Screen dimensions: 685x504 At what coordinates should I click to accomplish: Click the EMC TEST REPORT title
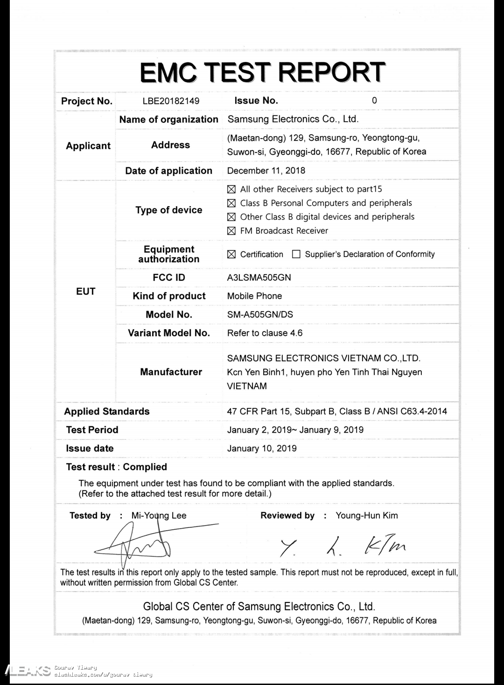coord(263,72)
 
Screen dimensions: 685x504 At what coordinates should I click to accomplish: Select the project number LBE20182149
coord(171,101)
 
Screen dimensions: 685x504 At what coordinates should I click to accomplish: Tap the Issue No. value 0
coord(374,101)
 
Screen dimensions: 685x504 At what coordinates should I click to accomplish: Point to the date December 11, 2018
coord(266,171)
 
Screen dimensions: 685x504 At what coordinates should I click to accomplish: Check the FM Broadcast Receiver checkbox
coord(231,231)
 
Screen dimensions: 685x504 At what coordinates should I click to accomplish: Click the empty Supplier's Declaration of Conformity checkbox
coord(296,254)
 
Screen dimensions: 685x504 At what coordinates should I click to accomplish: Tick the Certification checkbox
coord(231,254)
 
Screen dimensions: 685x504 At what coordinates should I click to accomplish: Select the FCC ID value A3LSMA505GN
coord(259,277)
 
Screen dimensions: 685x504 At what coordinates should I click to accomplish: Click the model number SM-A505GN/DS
coord(260,314)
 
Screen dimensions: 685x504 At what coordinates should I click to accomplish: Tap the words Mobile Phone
coord(254,296)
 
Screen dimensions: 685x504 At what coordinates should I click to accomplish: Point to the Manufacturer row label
coord(171,372)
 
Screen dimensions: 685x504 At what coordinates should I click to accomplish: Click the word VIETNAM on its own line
coord(247,386)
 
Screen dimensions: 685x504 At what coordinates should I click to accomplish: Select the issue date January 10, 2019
coord(262,449)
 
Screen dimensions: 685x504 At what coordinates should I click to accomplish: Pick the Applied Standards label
coord(107,411)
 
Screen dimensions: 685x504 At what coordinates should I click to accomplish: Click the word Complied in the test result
coord(145,467)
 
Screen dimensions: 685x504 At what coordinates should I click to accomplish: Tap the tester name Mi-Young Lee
coord(159,515)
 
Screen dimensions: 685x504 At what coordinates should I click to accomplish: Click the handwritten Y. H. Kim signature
coord(343,547)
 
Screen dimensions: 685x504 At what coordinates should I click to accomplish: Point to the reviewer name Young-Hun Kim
coord(367,515)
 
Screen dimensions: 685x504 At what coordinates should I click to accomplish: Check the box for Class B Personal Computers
coord(231,203)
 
